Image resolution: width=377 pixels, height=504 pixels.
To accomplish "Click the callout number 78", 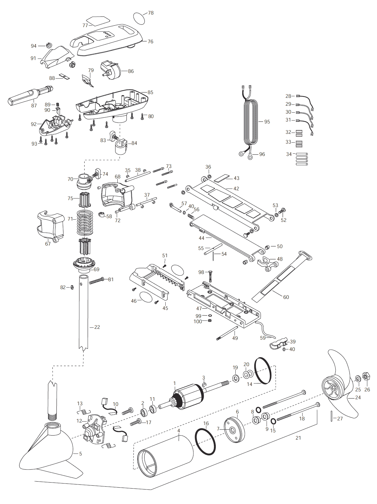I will (151, 13).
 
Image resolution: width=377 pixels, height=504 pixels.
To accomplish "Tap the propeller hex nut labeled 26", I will (366, 377).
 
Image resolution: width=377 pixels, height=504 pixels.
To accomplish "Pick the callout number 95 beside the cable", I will (267, 122).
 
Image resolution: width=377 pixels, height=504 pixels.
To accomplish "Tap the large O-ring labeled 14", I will (262, 371).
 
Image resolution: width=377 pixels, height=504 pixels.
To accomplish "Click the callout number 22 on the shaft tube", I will (97, 327).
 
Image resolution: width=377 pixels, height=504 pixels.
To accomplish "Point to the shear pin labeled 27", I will (331, 416).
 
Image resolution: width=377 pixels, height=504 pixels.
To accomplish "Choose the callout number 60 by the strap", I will (286, 297).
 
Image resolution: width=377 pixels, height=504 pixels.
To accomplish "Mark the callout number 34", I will (289, 154).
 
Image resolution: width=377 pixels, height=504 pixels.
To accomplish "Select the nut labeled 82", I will (72, 287).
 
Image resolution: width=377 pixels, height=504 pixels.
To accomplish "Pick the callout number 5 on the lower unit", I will (80, 454).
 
